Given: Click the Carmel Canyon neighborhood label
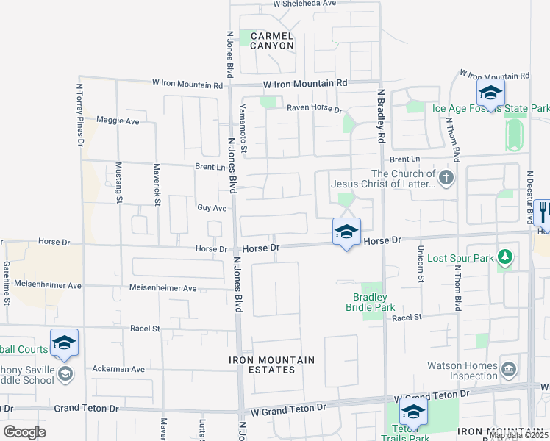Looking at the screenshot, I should point(272,40).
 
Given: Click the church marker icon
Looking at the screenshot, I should point(446,177).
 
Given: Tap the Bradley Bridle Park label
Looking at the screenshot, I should point(371,302).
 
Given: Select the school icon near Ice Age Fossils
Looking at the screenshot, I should point(490,93).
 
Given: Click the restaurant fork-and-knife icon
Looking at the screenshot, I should point(543,212).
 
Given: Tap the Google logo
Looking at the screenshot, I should point(24,432).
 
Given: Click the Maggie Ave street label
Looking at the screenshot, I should point(118,121).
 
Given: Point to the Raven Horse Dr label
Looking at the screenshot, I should point(315,109).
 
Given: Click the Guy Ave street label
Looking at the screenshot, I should point(211,208).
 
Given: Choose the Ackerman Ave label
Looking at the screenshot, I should point(118,368).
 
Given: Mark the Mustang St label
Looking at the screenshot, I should point(118,184).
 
